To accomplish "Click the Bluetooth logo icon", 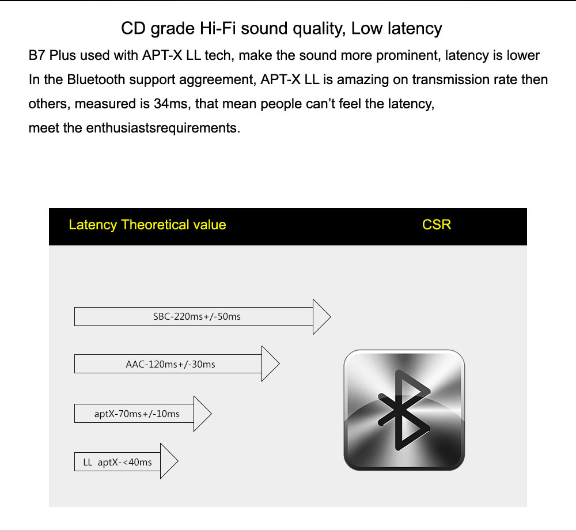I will pos(404,410).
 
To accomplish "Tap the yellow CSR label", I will pos(437,225).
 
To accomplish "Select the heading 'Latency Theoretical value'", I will pos(147,225).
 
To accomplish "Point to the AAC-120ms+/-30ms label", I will pos(170,364).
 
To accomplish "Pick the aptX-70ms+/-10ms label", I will pos(137,414).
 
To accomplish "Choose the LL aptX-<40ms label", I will pos(118,462).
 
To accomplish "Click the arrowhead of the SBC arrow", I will pos(320,316).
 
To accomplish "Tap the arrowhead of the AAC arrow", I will pos(270,364).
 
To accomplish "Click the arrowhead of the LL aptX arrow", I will pos(168,461).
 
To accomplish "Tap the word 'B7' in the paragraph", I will pos(37,56).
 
